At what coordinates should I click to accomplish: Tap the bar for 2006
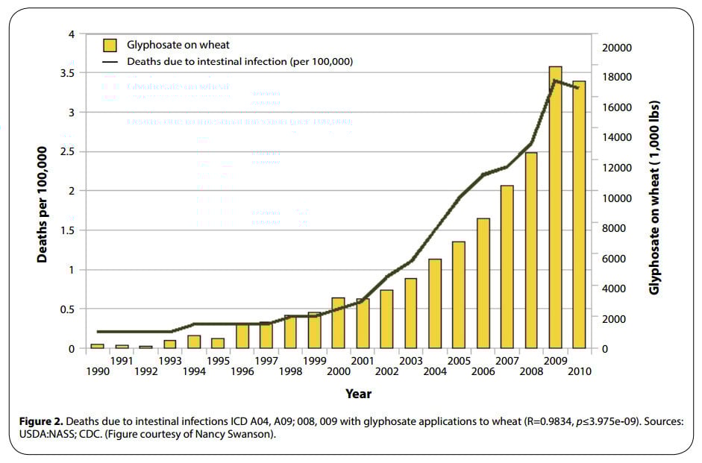coord(483,283)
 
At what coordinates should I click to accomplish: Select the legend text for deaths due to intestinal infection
coord(239,61)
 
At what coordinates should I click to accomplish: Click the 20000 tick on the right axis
coord(616,47)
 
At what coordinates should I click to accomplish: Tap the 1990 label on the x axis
coord(97,371)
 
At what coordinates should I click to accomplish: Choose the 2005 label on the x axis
coord(459,361)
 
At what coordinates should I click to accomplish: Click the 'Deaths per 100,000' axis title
coord(43,204)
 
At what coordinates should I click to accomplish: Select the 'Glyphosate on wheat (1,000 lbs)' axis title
coord(654,198)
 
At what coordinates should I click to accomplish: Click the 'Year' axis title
coord(358,393)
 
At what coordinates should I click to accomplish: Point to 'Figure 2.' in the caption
coord(43,422)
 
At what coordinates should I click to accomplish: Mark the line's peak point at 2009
coord(555,80)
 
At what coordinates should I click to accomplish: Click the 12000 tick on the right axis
coord(616,168)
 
